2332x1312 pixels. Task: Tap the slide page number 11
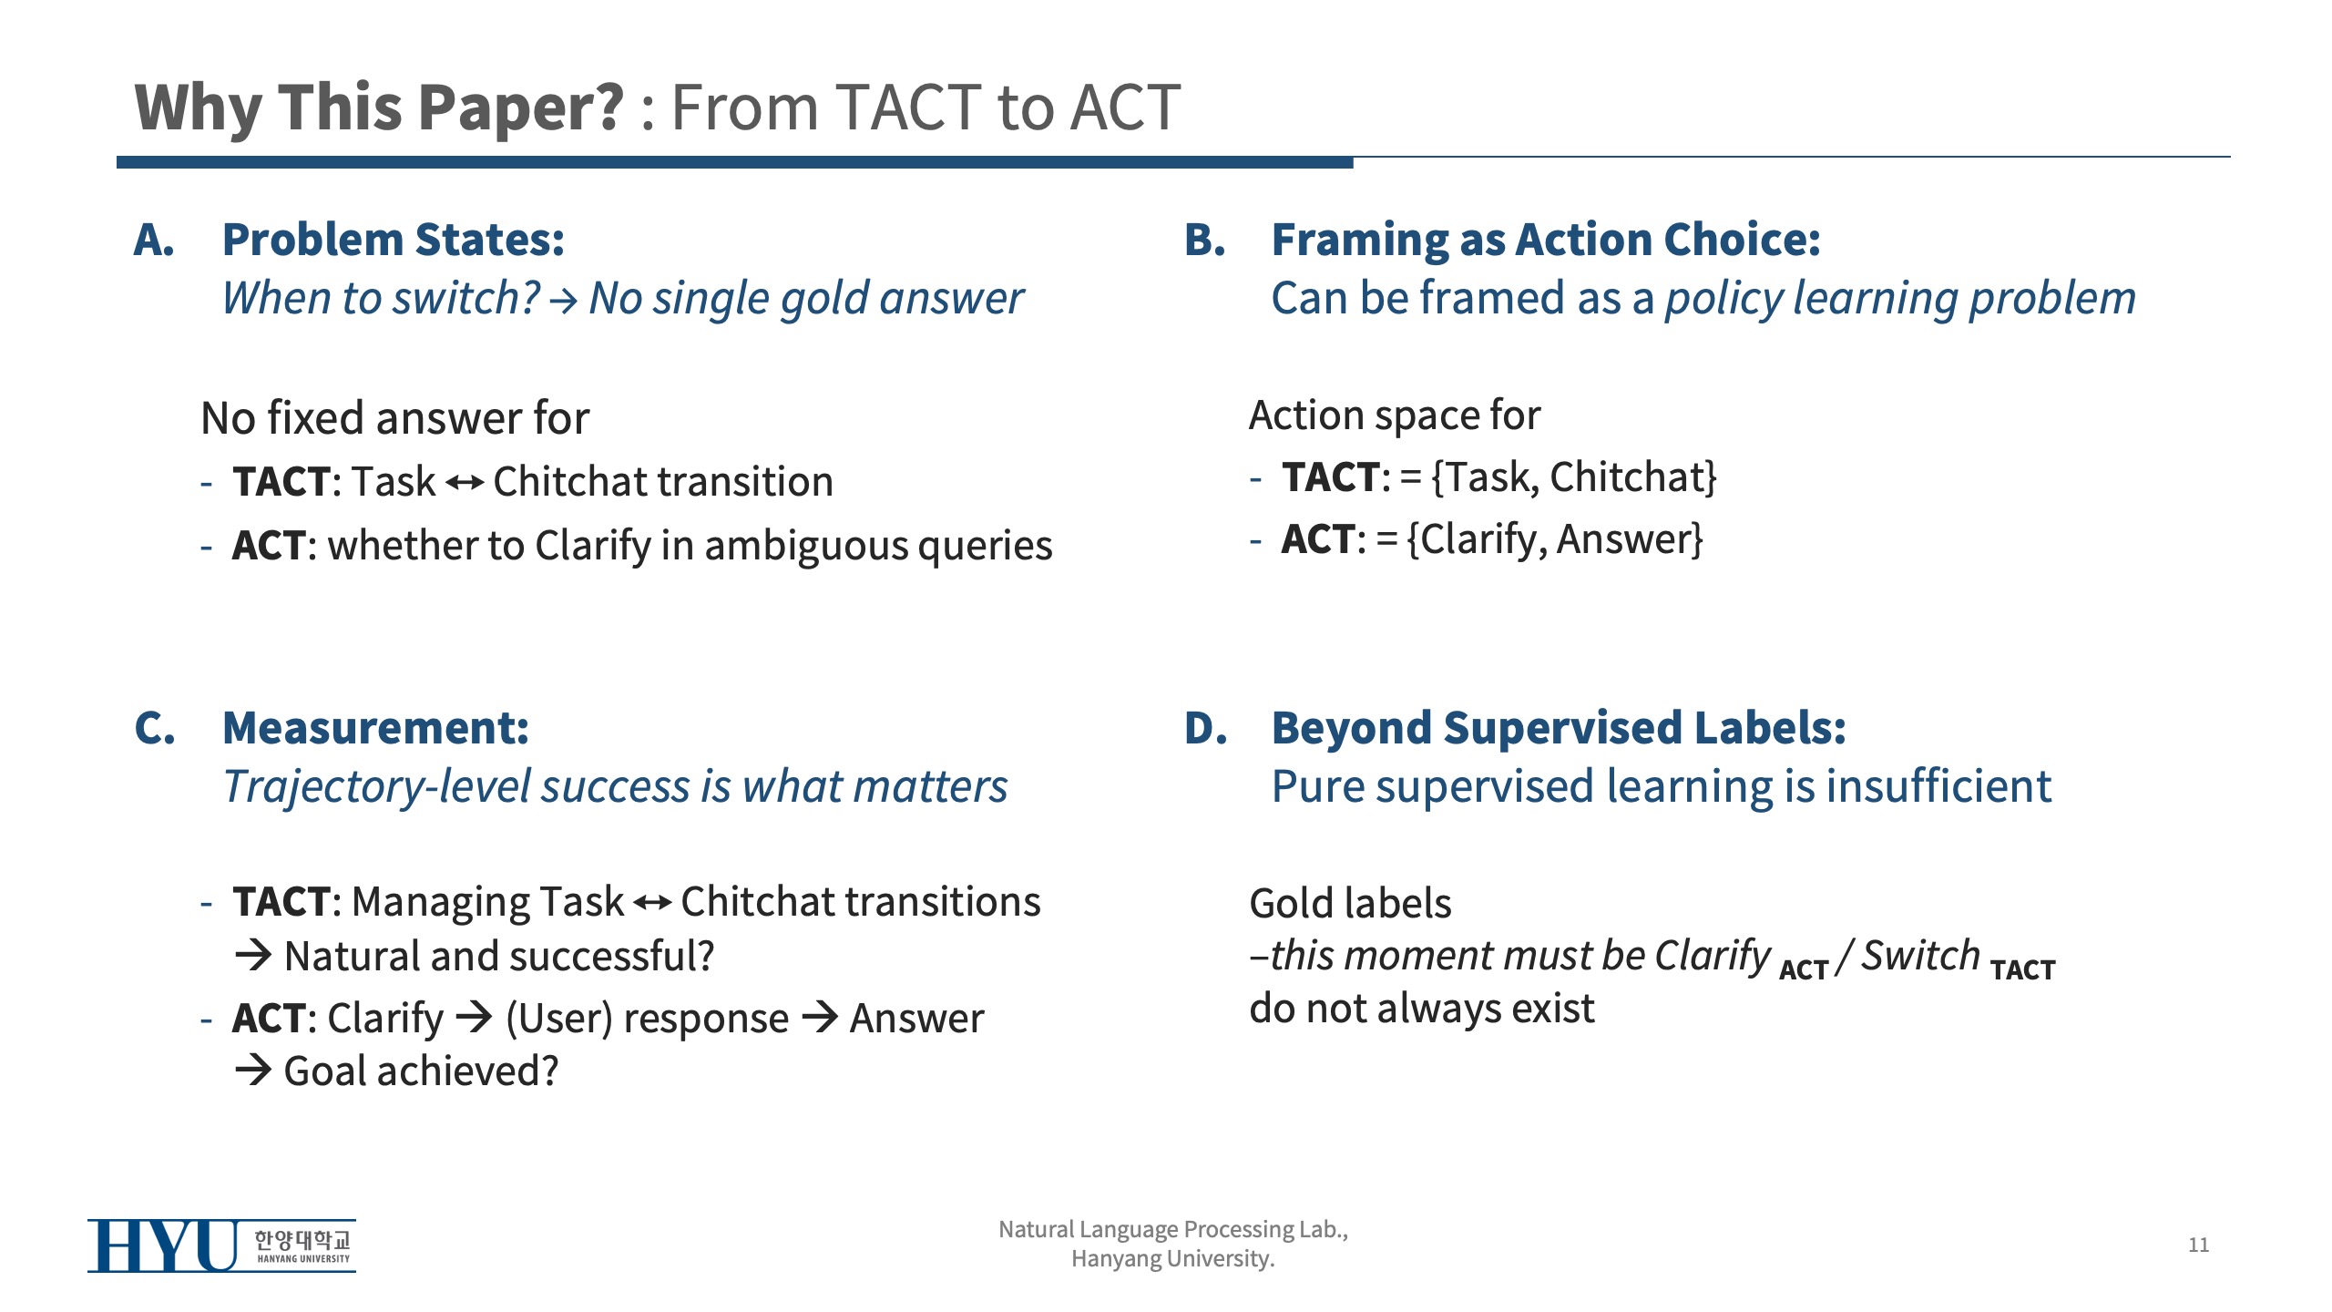[2198, 1245]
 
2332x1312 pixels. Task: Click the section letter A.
[154, 240]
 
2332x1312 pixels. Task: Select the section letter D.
[1205, 728]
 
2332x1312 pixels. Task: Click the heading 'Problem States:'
[394, 240]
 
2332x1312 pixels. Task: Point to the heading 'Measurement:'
[375, 728]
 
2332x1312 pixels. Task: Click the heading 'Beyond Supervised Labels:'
[1559, 728]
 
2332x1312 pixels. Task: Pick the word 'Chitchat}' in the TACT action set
[1633, 477]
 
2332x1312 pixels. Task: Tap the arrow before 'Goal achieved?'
[253, 1070]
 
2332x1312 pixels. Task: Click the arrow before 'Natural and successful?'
[253, 955]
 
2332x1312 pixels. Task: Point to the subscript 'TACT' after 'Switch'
[2023, 970]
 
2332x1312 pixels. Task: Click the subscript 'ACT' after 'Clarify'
[1804, 970]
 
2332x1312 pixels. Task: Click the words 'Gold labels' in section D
[1350, 903]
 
